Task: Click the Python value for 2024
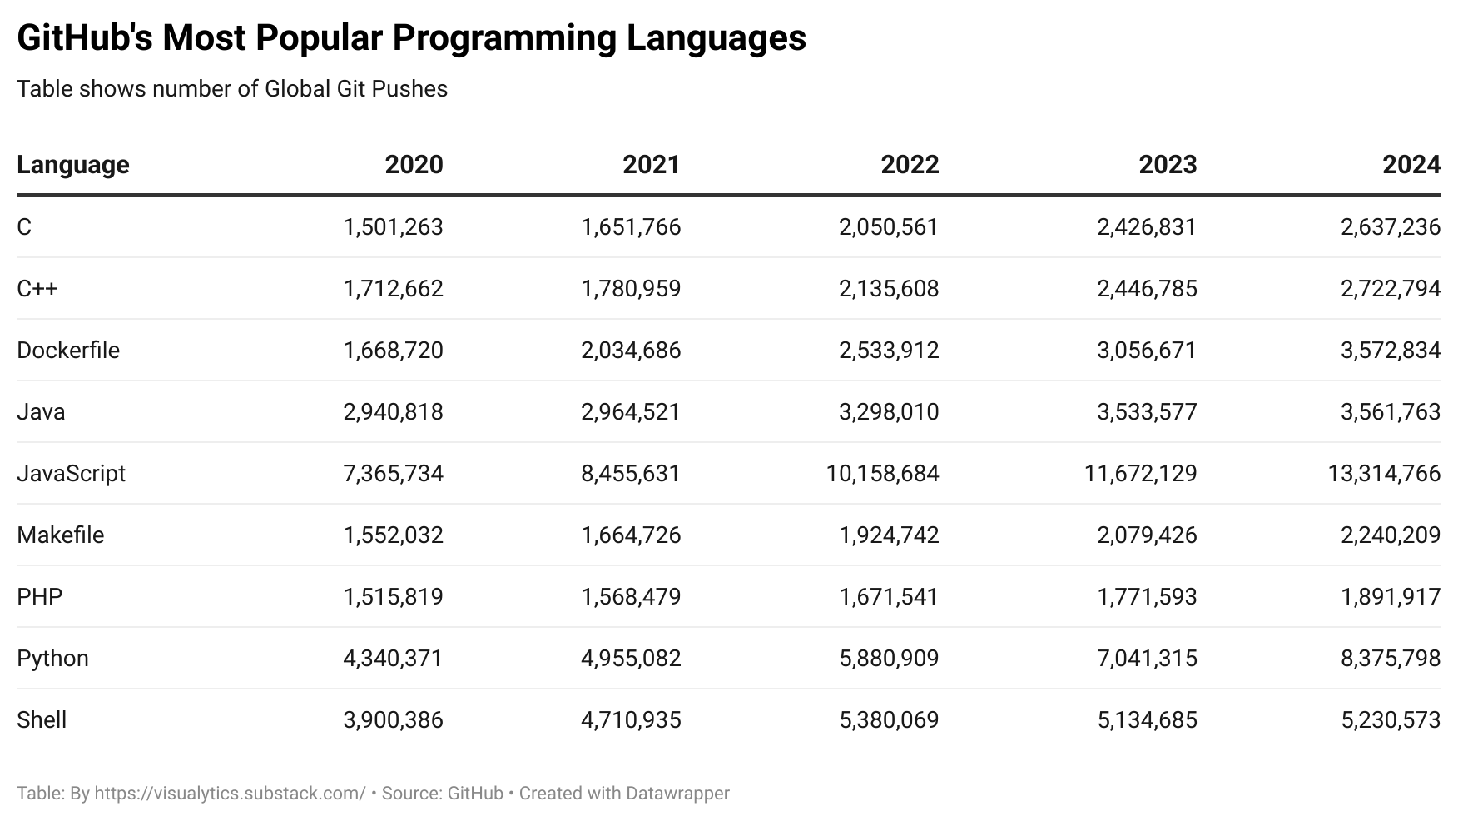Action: coord(1390,658)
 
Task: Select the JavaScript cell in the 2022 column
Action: coord(882,473)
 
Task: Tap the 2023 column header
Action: coord(1168,164)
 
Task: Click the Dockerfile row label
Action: coord(68,350)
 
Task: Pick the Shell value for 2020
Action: coord(393,719)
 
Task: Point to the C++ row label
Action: coord(37,288)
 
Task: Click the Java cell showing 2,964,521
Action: coord(631,411)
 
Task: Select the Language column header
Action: coord(73,164)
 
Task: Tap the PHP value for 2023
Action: coord(1147,596)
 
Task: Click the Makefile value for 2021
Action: coord(631,535)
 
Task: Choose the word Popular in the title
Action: coord(320,37)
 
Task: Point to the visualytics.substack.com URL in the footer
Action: coord(230,793)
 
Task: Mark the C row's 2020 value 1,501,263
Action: coord(393,226)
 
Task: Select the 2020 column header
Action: coord(414,164)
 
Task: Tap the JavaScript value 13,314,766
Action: coord(1384,473)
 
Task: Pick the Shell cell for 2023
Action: coord(1147,719)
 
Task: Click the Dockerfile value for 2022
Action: coord(889,350)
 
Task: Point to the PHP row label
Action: coord(40,596)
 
